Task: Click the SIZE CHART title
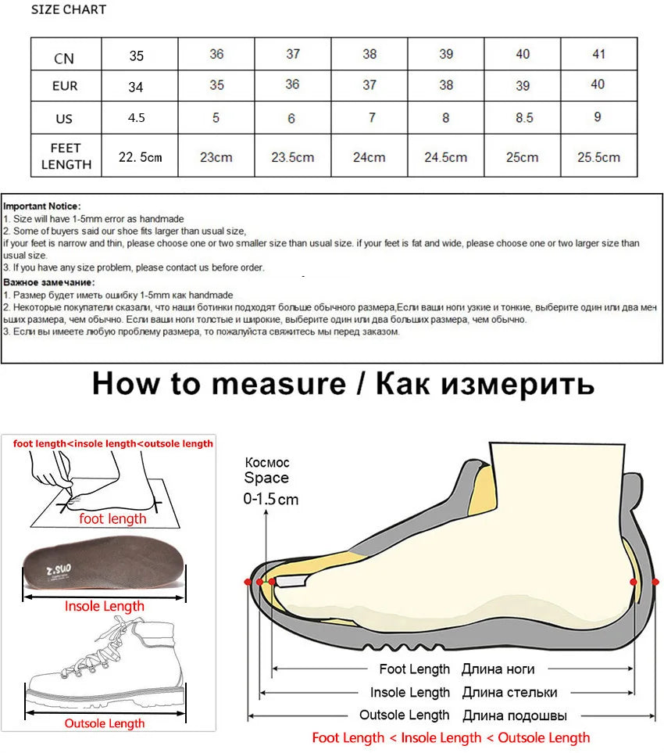point(69,10)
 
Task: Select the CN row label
point(65,58)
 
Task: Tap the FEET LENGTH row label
point(66,156)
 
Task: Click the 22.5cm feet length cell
point(140,157)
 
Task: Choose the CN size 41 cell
point(598,54)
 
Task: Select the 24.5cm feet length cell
point(445,157)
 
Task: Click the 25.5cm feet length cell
point(598,157)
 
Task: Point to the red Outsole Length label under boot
point(104,723)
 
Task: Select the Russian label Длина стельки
point(509,692)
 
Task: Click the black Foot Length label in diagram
point(414,669)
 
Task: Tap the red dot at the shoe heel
point(634,582)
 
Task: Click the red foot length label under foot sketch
point(112,518)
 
